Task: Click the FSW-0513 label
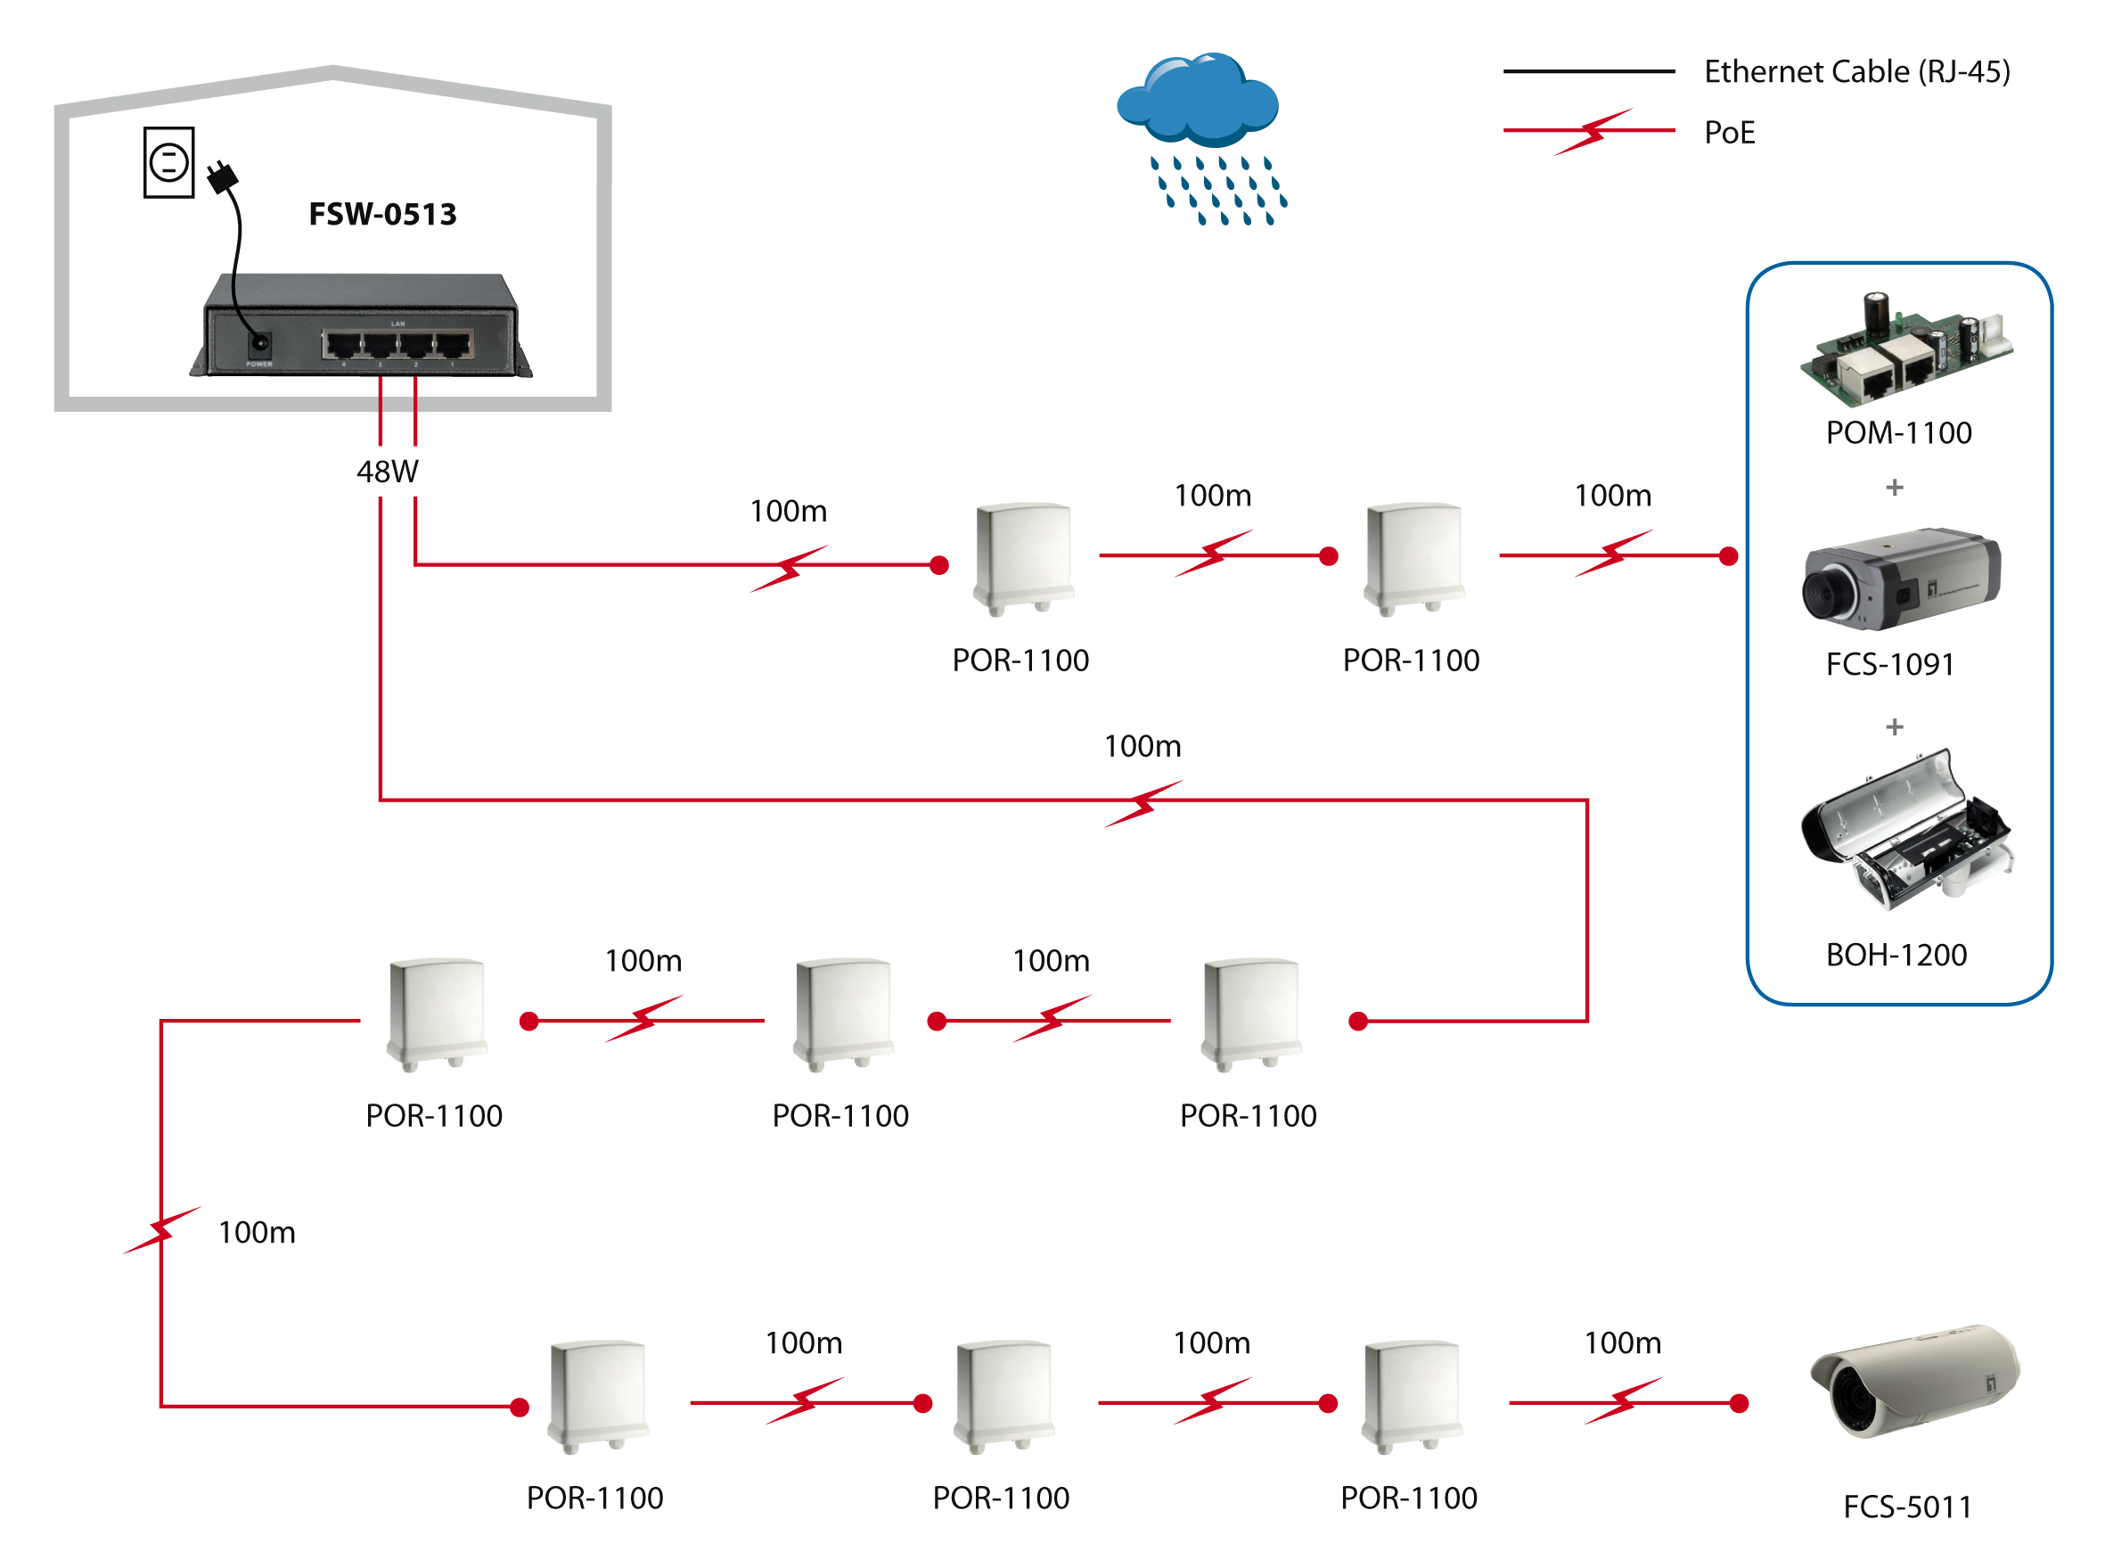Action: [382, 215]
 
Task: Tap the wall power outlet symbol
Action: [169, 162]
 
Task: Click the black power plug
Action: [223, 177]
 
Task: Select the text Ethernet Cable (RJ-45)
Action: [1856, 72]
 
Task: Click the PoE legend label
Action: [1729, 133]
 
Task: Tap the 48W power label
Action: [387, 472]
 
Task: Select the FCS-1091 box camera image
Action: [1901, 579]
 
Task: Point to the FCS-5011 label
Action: [1906, 1506]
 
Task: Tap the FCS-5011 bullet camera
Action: [1914, 1382]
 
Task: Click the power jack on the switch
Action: [258, 343]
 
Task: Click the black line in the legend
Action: [1588, 71]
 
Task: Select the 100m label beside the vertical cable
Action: [257, 1232]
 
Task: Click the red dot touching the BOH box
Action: [1728, 556]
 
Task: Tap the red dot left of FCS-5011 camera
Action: [1739, 1403]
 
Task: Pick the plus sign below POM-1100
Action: [1895, 488]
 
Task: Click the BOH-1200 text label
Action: [1896, 955]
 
